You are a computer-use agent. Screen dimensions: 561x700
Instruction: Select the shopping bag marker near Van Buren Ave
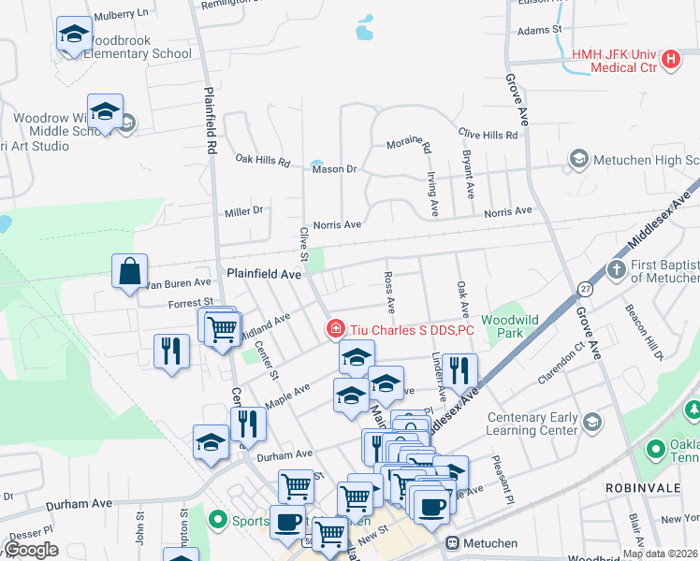point(129,272)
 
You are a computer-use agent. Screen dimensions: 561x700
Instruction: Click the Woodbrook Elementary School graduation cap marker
point(74,36)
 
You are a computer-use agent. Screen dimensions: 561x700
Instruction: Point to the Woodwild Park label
point(510,325)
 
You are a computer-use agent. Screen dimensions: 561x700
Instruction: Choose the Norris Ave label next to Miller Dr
point(337,224)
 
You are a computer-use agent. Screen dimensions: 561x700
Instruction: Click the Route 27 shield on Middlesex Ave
point(584,290)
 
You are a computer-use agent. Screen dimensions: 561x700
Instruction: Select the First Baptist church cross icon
point(616,270)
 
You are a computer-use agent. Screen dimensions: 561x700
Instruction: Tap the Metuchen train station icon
point(453,542)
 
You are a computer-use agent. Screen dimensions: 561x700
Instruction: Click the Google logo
point(31,550)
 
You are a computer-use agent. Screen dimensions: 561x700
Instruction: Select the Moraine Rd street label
point(409,144)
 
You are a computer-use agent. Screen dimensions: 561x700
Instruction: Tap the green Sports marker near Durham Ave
point(219,517)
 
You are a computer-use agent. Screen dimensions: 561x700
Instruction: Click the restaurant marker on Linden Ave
point(459,370)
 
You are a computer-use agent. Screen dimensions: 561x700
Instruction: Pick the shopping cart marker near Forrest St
point(223,328)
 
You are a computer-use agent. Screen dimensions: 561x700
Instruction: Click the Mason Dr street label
point(335,169)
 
